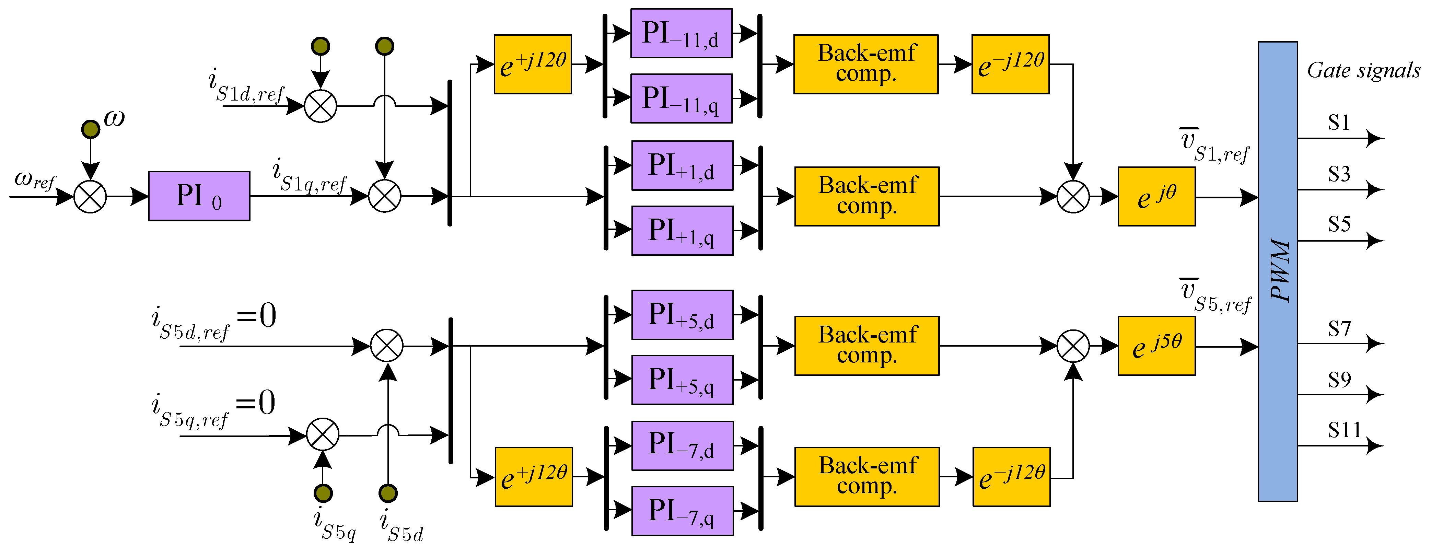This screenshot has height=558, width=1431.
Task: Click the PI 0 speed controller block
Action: (199, 196)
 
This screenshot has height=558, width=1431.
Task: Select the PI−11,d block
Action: (681, 33)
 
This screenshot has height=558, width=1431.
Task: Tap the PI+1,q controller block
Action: (682, 231)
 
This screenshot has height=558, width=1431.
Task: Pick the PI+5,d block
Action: (682, 315)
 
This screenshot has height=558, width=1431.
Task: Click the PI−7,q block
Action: (682, 511)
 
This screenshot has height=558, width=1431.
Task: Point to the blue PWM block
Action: (1277, 271)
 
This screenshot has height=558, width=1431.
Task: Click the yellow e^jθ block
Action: (1156, 196)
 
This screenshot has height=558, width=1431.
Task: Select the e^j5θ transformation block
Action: (1156, 346)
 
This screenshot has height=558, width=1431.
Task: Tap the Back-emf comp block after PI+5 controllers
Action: (866, 346)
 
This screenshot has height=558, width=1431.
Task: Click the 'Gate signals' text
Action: (1363, 71)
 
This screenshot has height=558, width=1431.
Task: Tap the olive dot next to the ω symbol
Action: (91, 129)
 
